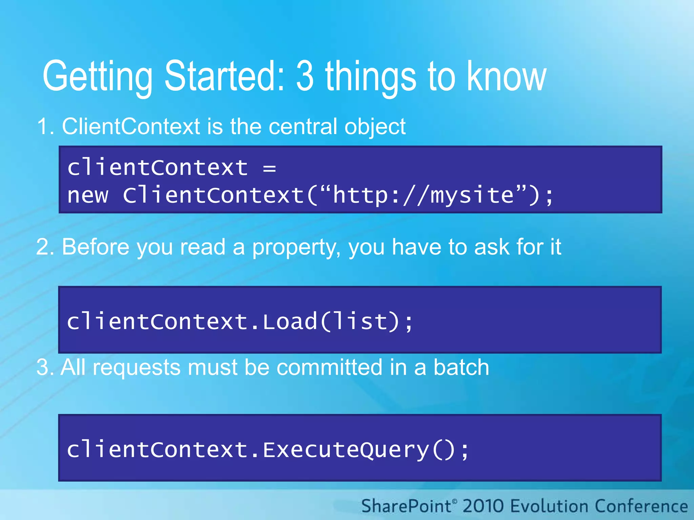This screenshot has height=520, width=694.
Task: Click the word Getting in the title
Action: click(98, 77)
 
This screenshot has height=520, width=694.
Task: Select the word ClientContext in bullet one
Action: click(131, 127)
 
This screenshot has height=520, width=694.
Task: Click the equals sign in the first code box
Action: click(269, 168)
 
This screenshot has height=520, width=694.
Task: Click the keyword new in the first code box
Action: click(88, 196)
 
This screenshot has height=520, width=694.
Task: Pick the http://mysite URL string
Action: click(423, 195)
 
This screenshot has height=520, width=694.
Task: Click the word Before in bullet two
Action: click(95, 247)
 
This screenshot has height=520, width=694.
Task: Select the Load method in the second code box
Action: click(290, 321)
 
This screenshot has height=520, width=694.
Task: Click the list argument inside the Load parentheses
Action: click(360, 321)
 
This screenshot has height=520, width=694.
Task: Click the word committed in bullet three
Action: click(329, 368)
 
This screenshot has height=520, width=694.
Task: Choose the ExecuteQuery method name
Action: click(346, 450)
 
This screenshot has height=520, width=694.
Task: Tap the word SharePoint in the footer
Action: click(406, 506)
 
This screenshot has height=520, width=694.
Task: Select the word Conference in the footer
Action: click(641, 506)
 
